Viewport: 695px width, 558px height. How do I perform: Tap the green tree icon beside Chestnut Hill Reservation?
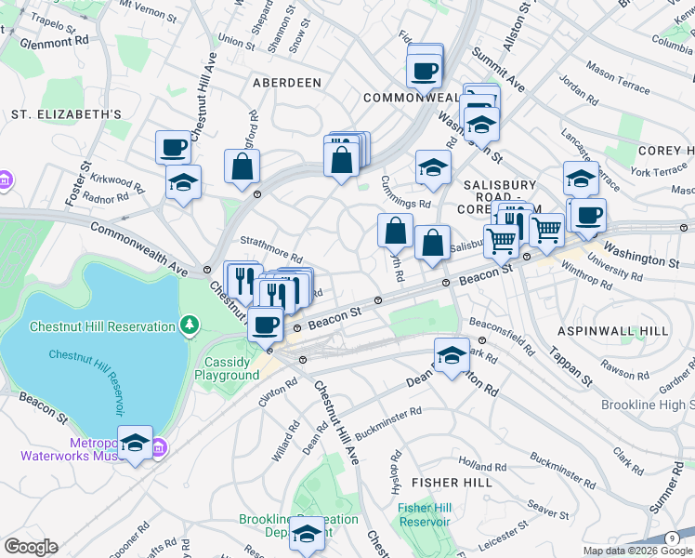(190, 325)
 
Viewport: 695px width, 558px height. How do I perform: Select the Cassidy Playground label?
(227, 368)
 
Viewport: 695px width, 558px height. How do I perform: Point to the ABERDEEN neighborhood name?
(287, 83)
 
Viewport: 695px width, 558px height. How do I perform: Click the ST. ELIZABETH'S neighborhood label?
(66, 114)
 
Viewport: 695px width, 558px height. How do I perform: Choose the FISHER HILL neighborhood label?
(449, 483)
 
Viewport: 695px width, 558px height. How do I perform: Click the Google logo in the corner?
(30, 547)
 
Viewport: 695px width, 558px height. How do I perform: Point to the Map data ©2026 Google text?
(636, 551)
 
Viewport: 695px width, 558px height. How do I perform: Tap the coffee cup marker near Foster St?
(174, 146)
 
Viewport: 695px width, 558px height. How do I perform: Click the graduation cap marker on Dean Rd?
(452, 355)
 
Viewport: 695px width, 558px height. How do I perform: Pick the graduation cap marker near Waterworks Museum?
(135, 445)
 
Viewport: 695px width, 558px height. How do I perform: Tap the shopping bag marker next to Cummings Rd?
(395, 229)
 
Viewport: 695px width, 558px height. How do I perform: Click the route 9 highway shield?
(671, 538)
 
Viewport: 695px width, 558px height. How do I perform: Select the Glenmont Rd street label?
(57, 41)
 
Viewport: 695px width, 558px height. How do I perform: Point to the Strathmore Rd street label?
(272, 249)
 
